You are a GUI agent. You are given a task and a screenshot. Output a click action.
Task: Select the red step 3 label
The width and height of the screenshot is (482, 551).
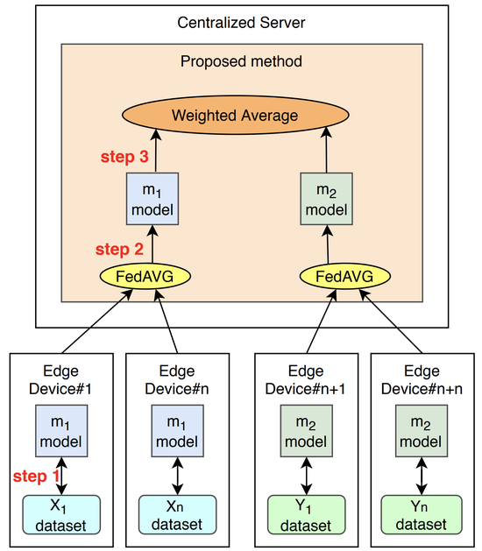coord(124,159)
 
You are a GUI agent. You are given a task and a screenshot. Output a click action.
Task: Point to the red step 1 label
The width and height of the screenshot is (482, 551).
coord(38,477)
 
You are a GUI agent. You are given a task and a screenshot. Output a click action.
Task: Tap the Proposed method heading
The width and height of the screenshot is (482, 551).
coord(241,61)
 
